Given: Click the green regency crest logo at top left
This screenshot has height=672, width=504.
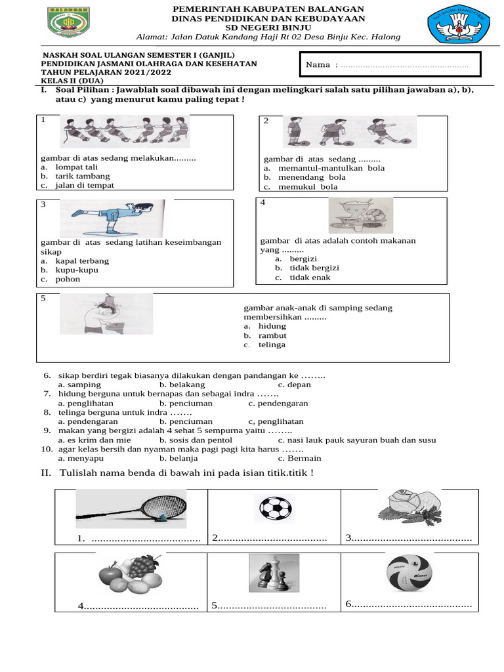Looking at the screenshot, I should pos(69,24).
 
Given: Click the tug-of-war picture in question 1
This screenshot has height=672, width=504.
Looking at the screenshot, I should pos(125,131).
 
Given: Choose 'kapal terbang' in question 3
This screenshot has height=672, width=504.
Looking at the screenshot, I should pos(82,261).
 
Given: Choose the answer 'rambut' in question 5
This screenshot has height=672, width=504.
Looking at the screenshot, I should pos(272,335).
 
